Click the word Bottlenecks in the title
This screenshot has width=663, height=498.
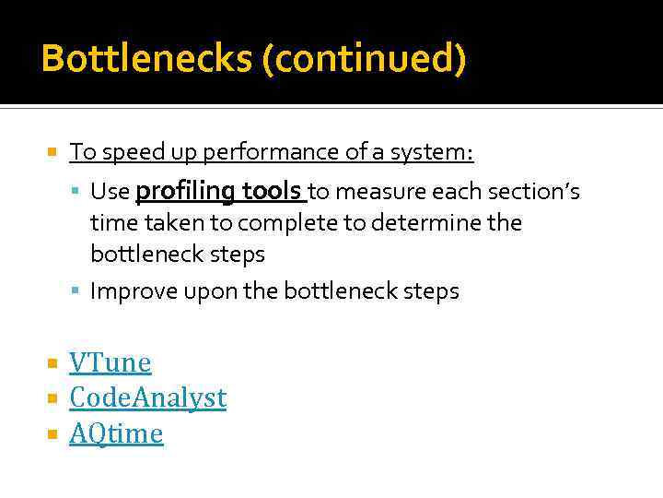tap(147, 59)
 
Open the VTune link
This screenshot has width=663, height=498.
tap(110, 363)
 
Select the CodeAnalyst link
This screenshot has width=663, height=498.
tap(147, 398)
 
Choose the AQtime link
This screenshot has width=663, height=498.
tap(116, 433)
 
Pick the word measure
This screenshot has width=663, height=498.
tap(375, 192)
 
